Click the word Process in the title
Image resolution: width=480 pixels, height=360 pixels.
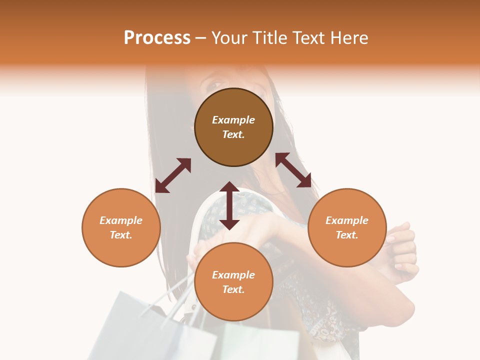[x=157, y=38]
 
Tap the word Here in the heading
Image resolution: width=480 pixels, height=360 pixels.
[x=349, y=38]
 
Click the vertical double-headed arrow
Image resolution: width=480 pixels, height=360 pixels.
[x=229, y=205]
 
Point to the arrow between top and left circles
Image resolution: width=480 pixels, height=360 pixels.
[x=173, y=175]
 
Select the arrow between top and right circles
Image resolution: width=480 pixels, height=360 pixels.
[x=293, y=170]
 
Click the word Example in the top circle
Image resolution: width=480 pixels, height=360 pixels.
[x=233, y=120]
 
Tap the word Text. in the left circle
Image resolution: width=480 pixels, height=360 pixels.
[x=121, y=235]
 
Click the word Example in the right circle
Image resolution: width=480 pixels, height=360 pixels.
[x=347, y=220]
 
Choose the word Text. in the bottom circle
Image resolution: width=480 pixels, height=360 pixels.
[x=233, y=289]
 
